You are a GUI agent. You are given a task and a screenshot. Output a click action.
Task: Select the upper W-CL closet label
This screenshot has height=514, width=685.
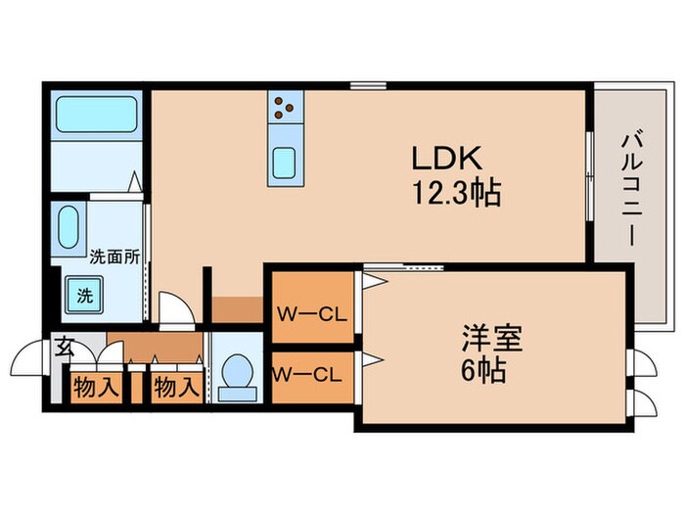pyautogui.click(x=310, y=315)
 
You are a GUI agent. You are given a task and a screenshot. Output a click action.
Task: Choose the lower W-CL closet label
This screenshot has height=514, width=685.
pyautogui.click(x=306, y=373)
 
